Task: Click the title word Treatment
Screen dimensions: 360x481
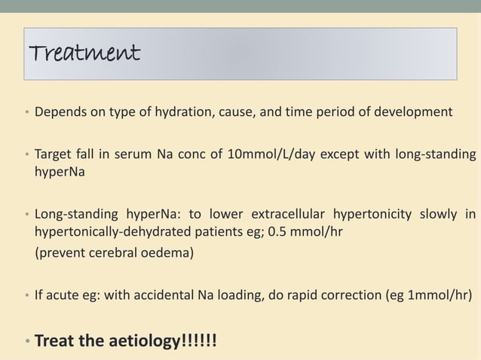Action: [x=84, y=53]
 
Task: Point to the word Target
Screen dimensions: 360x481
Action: [x=55, y=156]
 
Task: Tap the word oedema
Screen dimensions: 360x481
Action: [x=166, y=253]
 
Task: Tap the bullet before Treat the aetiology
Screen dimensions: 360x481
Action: [x=26, y=341]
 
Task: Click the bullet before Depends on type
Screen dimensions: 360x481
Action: [x=26, y=113]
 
